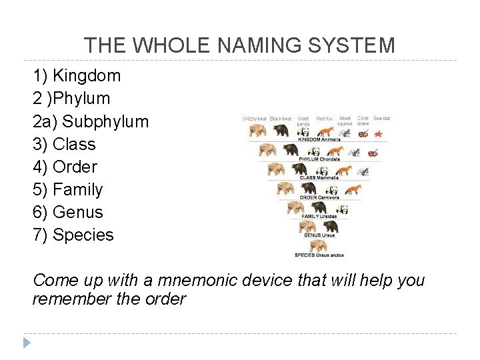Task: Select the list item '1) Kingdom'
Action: (77, 75)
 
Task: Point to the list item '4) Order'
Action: (65, 167)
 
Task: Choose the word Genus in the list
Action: (78, 212)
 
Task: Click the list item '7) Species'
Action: (73, 235)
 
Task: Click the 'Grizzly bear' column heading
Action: (255, 119)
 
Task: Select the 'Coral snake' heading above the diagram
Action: (363, 121)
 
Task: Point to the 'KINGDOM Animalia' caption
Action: (319, 139)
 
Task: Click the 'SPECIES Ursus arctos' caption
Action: (319, 255)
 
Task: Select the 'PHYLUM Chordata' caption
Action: (319, 159)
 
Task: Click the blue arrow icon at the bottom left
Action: (26, 343)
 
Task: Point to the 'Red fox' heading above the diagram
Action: (325, 119)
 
